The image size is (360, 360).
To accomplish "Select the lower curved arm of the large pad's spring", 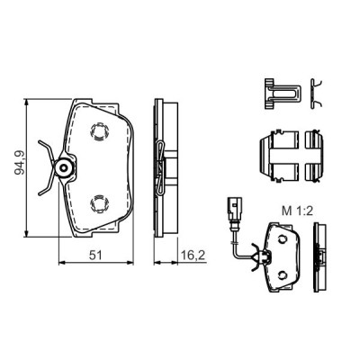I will point(47,186).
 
